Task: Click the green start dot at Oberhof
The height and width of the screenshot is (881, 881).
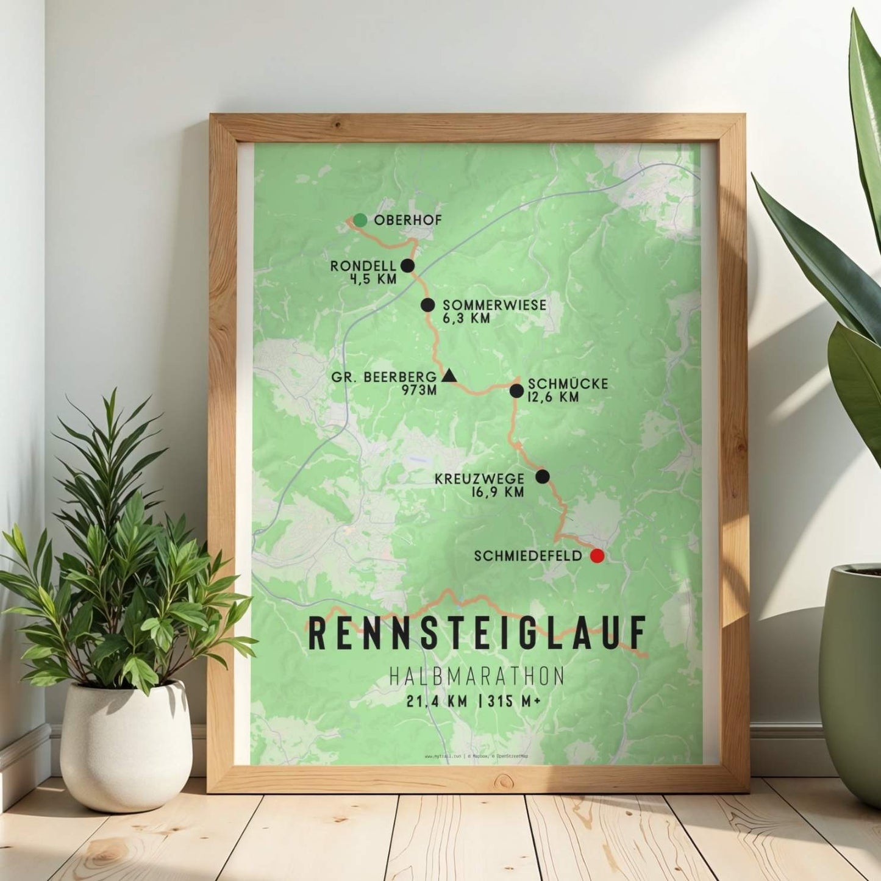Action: (360, 220)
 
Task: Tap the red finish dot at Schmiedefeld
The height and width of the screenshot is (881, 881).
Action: (597, 555)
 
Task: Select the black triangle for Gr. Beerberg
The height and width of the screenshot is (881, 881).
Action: (449, 376)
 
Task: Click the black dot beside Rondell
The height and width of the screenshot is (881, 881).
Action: (408, 266)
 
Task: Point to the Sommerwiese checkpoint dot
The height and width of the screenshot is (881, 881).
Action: (428, 305)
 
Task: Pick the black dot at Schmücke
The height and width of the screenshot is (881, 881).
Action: (516, 391)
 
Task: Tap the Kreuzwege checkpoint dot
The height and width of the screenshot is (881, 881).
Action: (543, 476)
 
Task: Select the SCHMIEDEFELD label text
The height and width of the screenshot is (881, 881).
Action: (527, 556)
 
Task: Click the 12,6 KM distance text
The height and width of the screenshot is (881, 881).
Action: (554, 398)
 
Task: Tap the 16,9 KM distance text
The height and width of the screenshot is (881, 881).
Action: (498, 493)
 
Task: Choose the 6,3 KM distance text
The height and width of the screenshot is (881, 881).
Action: (466, 318)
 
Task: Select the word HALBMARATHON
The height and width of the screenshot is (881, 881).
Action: (476, 676)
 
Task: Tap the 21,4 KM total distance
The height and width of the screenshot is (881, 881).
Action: (437, 702)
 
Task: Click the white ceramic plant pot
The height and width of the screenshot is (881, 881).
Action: (125, 744)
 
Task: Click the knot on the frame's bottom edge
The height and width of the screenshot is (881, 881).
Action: (504, 780)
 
